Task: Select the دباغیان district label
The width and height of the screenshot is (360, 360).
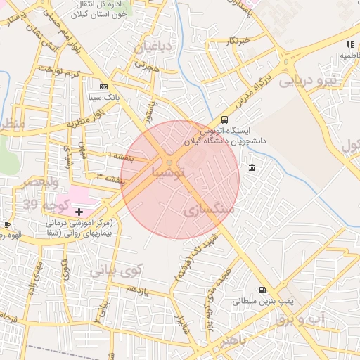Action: click(x=152, y=47)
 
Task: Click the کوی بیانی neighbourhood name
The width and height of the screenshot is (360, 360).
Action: click(x=116, y=269)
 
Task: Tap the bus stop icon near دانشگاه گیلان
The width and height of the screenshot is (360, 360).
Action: click(x=224, y=120)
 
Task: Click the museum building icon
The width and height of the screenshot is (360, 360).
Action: click(x=252, y=167)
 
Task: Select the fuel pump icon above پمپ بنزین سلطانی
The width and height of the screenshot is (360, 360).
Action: click(x=262, y=289)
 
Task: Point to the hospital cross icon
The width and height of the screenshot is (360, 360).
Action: click(x=79, y=211)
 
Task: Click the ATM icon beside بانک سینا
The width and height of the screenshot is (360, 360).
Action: click(x=104, y=86)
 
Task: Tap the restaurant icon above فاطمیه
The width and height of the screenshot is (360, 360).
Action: click(x=350, y=44)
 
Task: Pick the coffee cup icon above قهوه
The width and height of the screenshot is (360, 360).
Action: click(x=8, y=224)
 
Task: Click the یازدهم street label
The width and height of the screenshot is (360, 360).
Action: click(x=141, y=288)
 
